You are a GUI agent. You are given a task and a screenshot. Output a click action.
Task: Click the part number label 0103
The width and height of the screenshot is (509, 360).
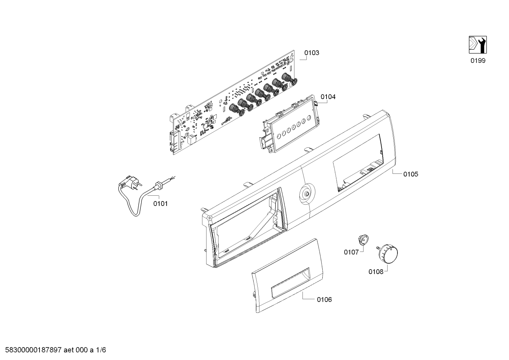point(312,53)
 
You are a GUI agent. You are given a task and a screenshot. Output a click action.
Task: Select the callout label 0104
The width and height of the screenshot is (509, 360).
point(328,97)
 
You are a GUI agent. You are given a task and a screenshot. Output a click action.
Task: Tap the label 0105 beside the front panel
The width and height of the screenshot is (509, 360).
point(411,174)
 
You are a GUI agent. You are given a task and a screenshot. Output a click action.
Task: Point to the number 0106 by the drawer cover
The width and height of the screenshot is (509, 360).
point(324,300)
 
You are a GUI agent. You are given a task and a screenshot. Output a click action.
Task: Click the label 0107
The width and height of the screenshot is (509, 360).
point(351,252)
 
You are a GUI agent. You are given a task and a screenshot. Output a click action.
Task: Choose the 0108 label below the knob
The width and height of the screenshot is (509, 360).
point(376,272)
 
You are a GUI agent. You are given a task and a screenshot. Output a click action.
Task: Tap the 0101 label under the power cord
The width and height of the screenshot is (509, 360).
point(160,204)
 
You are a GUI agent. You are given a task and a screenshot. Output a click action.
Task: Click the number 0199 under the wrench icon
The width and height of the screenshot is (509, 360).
point(478,61)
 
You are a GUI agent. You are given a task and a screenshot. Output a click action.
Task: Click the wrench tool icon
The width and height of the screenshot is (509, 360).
point(478,45)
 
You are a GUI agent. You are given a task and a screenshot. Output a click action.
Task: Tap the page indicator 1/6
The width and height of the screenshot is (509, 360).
point(101,350)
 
